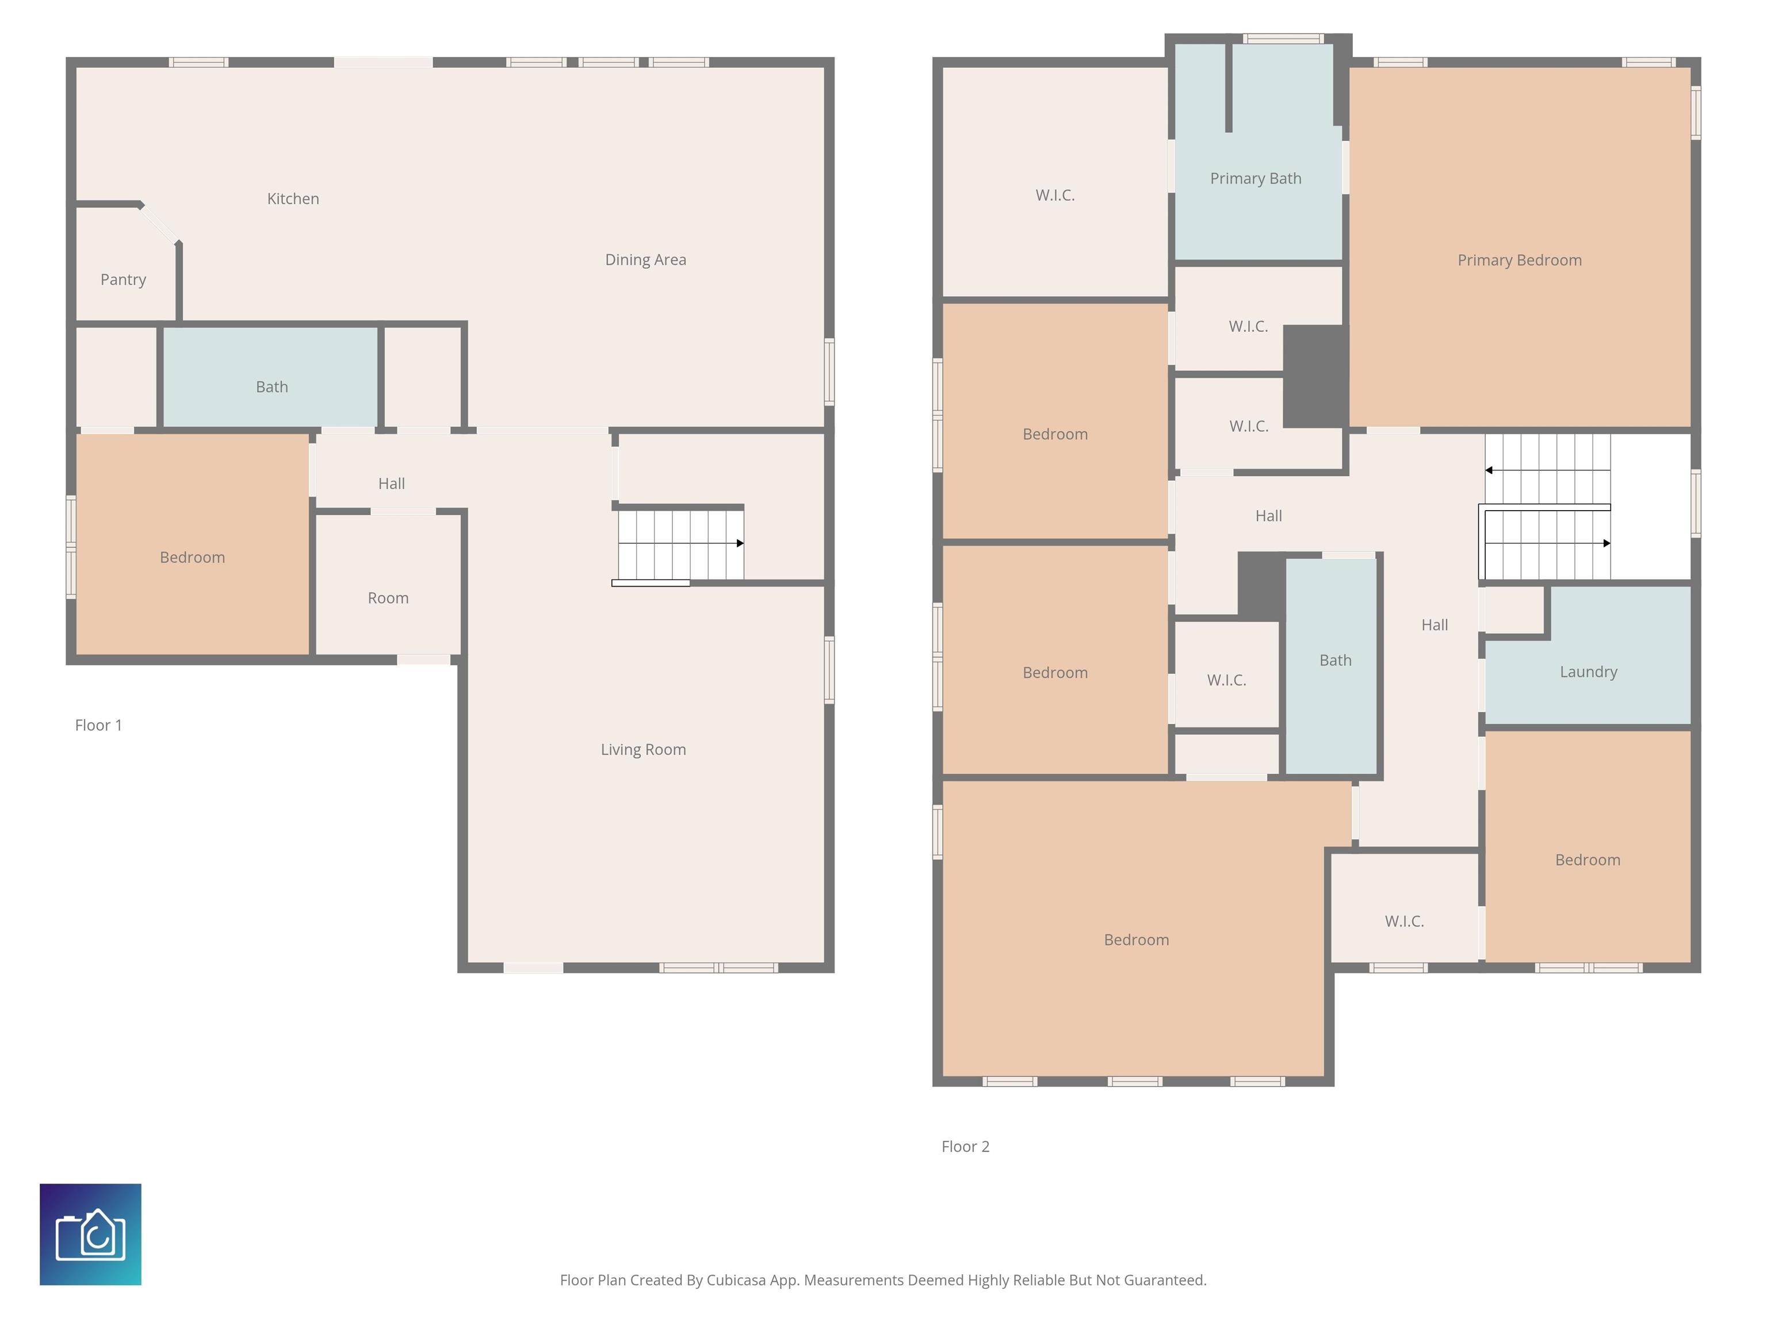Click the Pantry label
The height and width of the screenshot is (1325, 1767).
coord(123,279)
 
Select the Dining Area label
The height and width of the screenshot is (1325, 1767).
coord(645,259)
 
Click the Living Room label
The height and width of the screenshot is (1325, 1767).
coord(643,749)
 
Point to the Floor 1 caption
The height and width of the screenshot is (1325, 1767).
coord(98,725)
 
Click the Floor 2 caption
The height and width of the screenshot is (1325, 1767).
coord(965,1147)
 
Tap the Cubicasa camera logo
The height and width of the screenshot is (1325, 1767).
coord(90,1234)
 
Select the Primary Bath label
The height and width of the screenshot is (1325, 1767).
coord(1256,179)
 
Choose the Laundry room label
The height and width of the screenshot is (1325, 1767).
coord(1588,672)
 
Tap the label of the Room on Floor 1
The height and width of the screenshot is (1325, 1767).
coord(388,598)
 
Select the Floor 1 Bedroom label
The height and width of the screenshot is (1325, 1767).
coord(193,557)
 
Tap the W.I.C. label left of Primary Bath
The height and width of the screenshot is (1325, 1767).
coord(1055,196)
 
